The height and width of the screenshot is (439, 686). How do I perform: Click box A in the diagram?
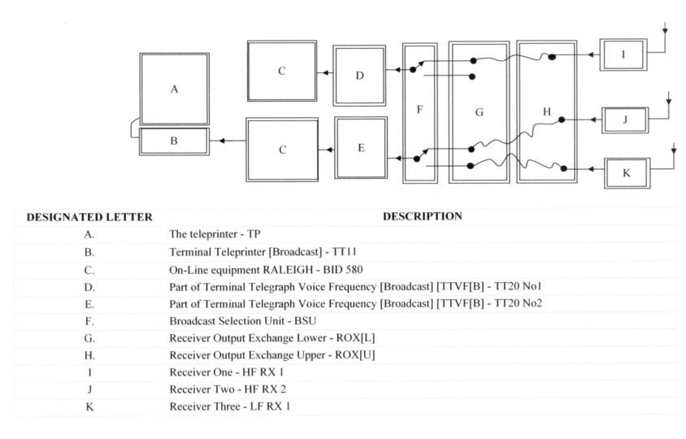point(174,89)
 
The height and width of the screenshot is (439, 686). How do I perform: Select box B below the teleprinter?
point(173,141)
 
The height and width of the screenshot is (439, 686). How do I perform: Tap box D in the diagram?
point(359,75)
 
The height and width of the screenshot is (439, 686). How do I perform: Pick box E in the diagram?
point(361,147)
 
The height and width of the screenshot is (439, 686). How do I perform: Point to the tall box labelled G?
point(479,112)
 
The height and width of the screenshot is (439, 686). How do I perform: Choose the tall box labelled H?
point(546,111)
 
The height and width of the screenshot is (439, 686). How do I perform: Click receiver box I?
point(623,54)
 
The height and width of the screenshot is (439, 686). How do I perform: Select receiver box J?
point(625,120)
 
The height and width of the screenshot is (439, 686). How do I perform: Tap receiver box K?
point(627,172)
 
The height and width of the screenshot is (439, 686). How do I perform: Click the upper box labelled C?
point(282,71)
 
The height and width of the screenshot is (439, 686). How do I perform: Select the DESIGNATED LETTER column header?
point(89,217)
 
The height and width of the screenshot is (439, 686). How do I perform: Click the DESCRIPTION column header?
point(422,216)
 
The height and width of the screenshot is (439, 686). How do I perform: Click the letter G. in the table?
point(89,338)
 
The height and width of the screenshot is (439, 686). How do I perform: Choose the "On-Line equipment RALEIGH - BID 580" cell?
point(259,269)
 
